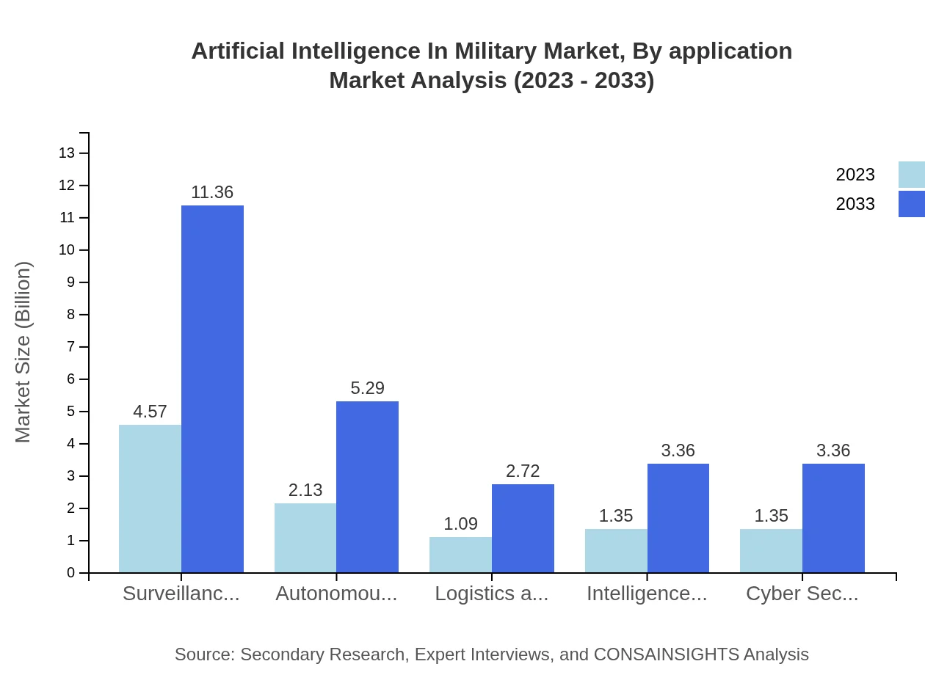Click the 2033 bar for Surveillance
212,389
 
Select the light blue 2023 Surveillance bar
150,499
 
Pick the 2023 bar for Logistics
460,555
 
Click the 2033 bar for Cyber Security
833,518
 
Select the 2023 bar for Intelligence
616,550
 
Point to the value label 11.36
212,192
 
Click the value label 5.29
367,388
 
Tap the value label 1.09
460,524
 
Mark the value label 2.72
523,471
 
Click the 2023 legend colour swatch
911,175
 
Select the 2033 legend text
855,204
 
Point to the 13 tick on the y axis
67,153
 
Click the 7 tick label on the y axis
70,347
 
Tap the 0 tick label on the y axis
70,573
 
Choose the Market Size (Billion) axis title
23,352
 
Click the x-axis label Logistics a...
491,594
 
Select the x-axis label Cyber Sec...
802,594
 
